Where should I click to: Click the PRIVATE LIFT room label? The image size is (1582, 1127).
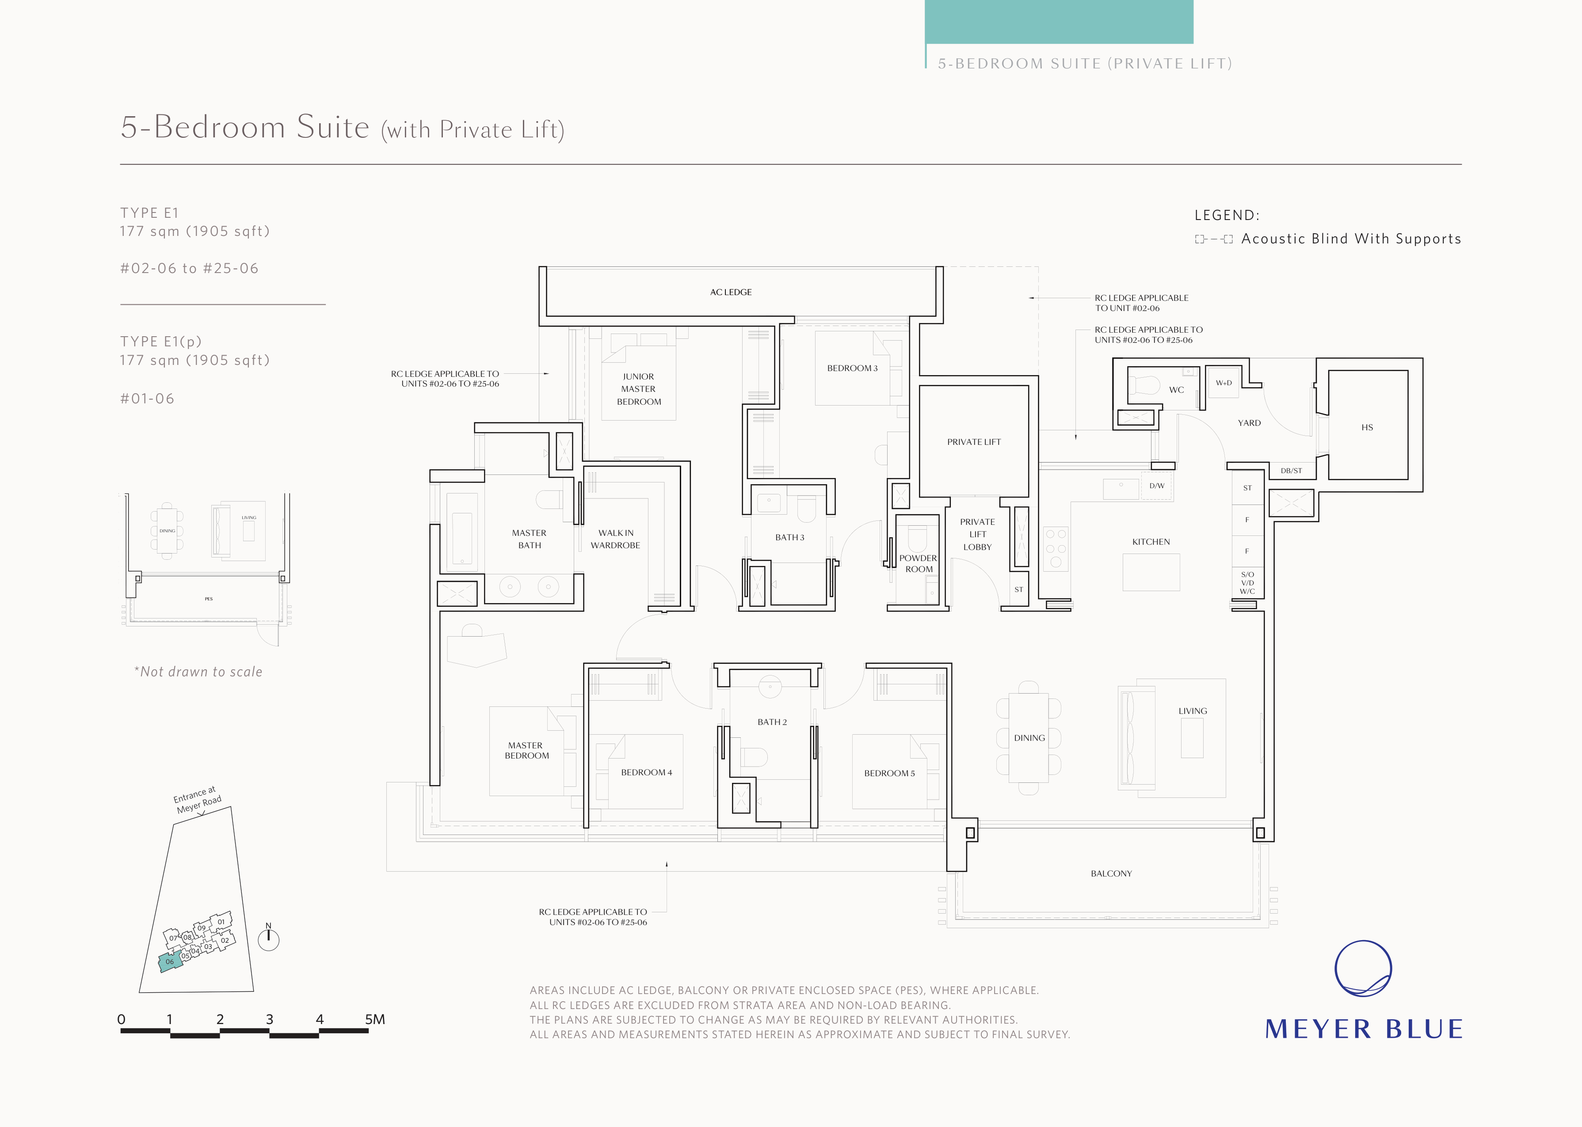[974, 442]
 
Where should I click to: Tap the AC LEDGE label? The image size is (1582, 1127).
[731, 292]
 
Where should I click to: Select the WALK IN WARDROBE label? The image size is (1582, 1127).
[616, 539]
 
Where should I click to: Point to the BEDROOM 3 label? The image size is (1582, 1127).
[852, 368]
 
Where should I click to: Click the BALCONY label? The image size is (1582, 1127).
[1111, 874]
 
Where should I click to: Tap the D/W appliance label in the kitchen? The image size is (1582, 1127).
[1156, 486]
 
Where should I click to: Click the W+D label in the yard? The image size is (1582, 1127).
[1224, 383]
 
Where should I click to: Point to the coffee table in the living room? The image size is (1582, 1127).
[1192, 738]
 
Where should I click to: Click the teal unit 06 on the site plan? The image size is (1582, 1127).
[170, 962]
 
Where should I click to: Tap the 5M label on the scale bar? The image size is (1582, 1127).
[375, 1020]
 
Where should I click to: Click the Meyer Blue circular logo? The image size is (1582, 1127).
[1363, 969]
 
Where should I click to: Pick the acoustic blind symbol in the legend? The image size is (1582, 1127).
[1213, 239]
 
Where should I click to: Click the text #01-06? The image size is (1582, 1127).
[147, 399]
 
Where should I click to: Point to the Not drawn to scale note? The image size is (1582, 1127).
[198, 672]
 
